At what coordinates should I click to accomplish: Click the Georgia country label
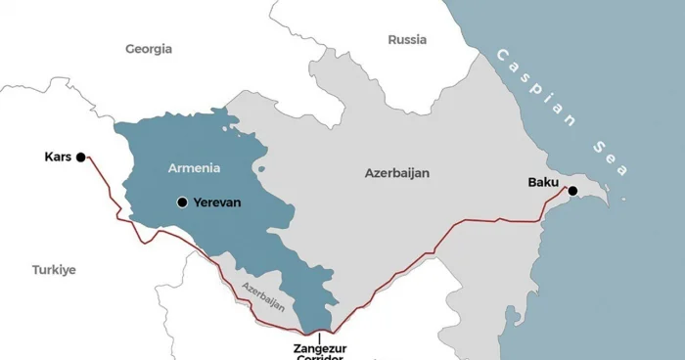pos(149,48)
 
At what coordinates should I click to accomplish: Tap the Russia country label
pos(407,40)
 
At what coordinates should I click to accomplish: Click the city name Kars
pos(59,156)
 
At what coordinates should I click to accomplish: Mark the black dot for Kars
pos(81,156)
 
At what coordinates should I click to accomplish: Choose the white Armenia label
pos(194,167)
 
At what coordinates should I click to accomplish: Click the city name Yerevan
pos(216,202)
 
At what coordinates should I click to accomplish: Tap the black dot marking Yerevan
pos(181,202)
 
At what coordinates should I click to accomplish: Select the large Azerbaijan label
pos(396,173)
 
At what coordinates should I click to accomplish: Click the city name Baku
pos(544,181)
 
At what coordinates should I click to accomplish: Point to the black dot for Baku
pos(572,191)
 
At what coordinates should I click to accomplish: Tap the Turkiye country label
pos(53,269)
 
